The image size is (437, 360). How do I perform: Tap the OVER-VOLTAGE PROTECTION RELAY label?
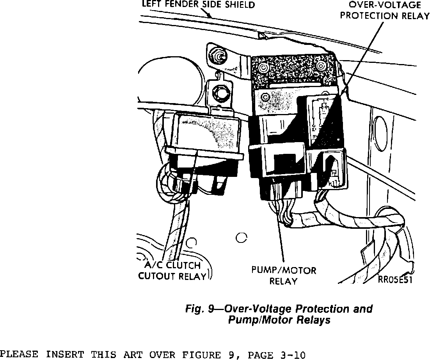tap(384, 11)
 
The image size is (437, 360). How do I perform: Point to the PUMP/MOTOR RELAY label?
tap(284, 275)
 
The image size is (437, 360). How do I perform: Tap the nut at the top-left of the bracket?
tap(217, 55)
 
